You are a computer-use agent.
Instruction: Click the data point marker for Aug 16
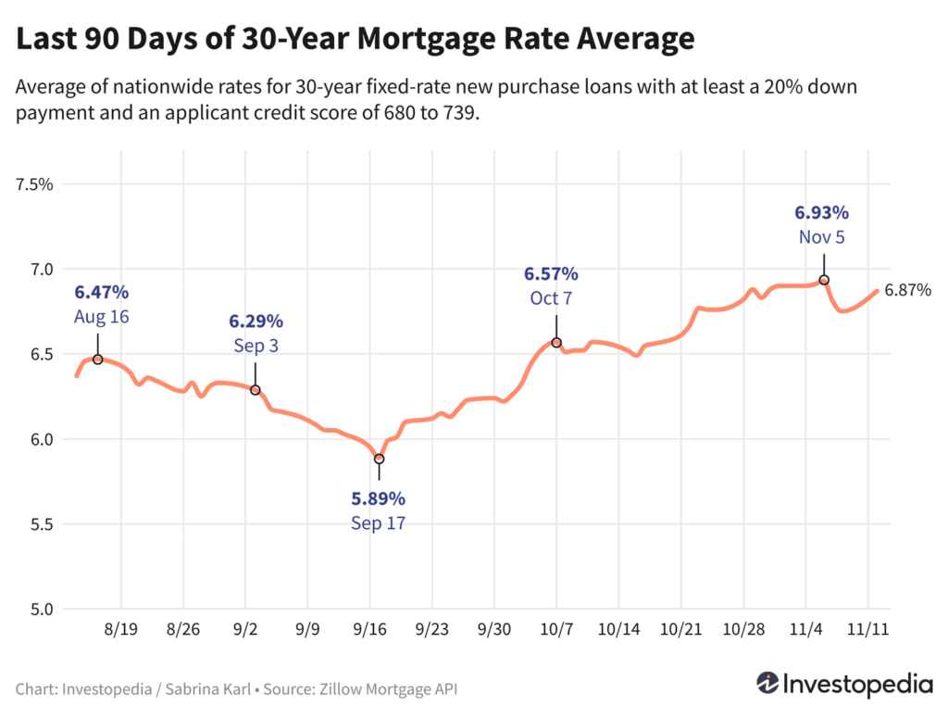click(97, 359)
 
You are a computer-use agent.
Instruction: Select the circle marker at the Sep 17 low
click(379, 459)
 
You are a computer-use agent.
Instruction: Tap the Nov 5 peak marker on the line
click(824, 280)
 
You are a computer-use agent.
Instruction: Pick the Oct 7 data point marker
click(556, 343)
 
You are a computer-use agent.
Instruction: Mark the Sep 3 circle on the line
click(256, 390)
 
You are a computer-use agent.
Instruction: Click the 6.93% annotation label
click(822, 213)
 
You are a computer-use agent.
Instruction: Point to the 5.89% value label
click(378, 499)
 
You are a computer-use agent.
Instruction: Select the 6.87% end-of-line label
click(907, 290)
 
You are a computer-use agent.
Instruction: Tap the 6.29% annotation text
click(256, 322)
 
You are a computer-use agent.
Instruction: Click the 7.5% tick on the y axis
click(34, 184)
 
